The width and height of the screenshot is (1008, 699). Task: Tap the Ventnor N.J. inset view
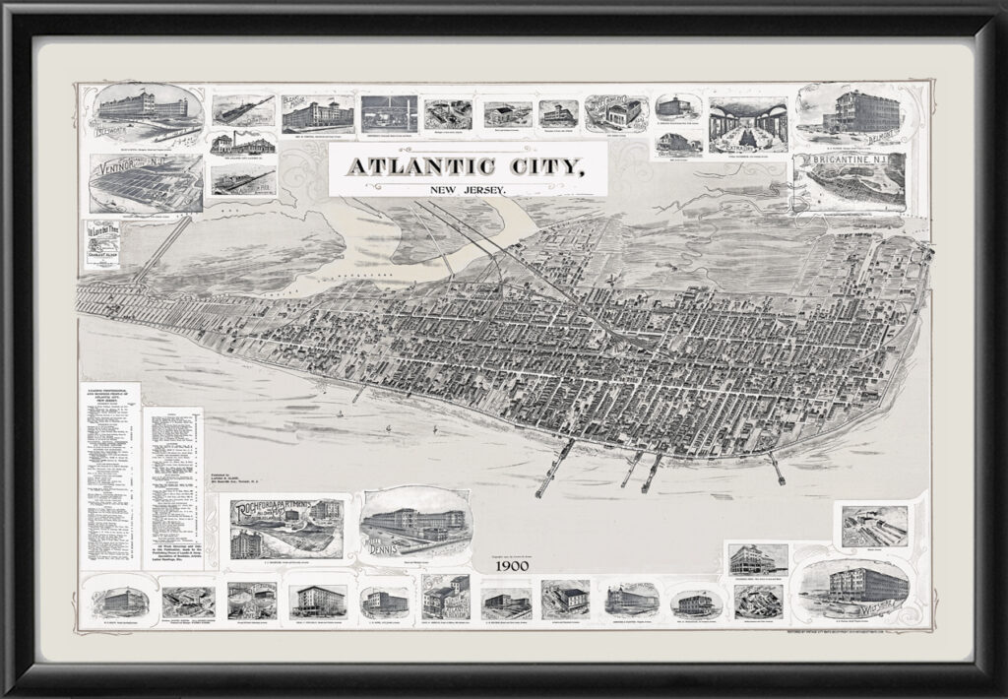click(147, 182)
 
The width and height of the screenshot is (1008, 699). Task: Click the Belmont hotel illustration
click(851, 115)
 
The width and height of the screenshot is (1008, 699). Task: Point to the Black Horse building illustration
click(316, 114)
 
